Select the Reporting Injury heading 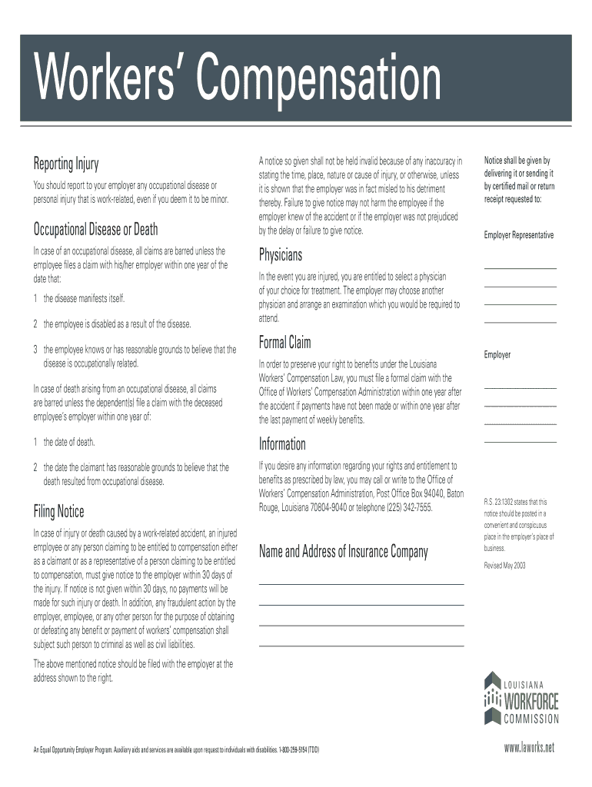click(65, 164)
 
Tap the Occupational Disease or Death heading click(95, 229)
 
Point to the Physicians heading click(281, 254)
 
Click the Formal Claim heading click(285, 342)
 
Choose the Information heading click(282, 444)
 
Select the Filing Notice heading click(58, 512)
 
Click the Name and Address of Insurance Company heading click(344, 551)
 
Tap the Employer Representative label click(518, 235)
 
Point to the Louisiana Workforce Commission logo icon click(491, 697)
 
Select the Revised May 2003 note click(504, 566)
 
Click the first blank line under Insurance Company click(361, 584)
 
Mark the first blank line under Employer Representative click(520, 268)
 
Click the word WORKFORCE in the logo click(530, 701)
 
